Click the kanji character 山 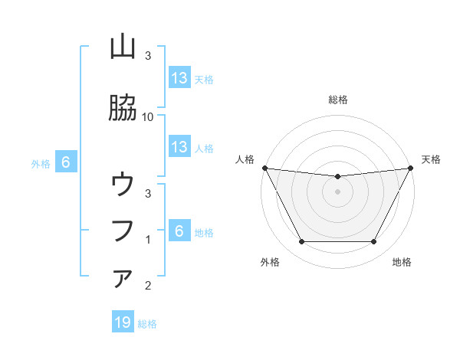coord(123,47)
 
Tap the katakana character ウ coord(123,185)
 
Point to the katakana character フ coord(123,230)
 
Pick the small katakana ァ coord(123,278)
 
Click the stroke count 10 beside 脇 coord(148,116)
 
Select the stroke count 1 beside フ coord(148,240)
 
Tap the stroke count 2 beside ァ coord(148,286)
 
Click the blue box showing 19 coord(123,322)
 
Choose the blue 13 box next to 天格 coord(179,78)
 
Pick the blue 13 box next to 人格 coord(179,147)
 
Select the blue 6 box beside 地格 coord(179,231)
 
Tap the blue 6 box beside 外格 coord(66,162)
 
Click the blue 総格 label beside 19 coord(147,324)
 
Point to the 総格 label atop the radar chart coord(338,100)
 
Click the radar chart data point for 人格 coord(264,168)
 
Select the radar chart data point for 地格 coord(374,242)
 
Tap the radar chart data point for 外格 coord(301,242)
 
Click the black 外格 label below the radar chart coord(270,262)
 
